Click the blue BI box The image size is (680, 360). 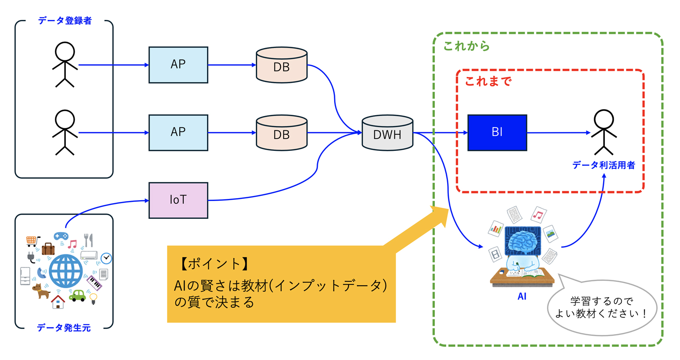497,133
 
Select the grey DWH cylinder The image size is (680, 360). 387,133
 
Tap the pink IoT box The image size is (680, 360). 178,200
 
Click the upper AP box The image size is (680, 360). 178,65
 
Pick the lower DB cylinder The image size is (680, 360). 281,133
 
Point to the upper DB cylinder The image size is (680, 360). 281,65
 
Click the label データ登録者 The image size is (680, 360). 65,21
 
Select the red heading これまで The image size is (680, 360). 488,81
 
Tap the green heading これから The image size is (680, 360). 467,46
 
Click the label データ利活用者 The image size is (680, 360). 603,165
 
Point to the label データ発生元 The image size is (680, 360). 64,328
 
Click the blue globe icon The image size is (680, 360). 65,271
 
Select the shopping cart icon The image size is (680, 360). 32,241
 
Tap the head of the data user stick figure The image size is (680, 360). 604,119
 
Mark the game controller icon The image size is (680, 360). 61,236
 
